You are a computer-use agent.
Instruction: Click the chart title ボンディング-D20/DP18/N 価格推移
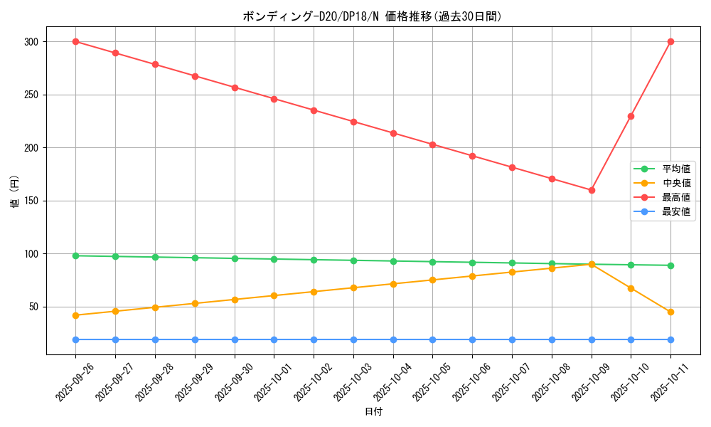tap(373, 16)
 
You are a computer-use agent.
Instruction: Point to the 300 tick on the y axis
tap(33, 42)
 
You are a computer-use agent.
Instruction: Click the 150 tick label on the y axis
tap(33, 201)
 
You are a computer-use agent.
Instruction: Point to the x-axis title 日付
tap(373, 412)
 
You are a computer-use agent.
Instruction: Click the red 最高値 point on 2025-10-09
tap(592, 190)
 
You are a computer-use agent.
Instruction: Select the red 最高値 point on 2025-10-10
tap(631, 116)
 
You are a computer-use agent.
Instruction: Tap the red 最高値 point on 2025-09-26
tap(75, 41)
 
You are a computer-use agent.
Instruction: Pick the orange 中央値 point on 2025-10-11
tap(670, 312)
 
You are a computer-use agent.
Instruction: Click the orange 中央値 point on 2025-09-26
tap(75, 315)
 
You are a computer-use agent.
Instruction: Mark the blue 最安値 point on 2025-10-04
tap(393, 339)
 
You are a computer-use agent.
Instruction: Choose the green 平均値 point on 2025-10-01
tap(274, 259)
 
